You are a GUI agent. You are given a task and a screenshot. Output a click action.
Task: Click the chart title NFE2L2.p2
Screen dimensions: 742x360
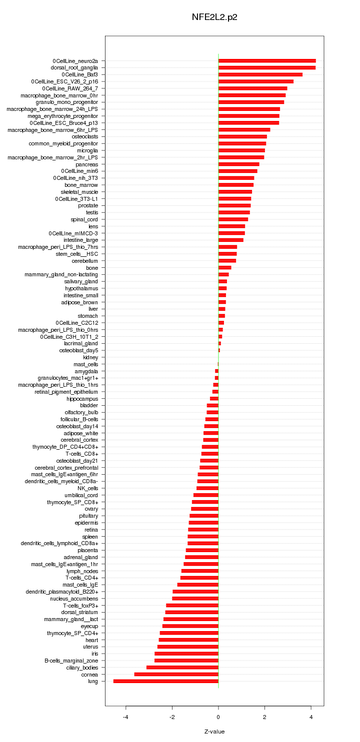click(x=214, y=17)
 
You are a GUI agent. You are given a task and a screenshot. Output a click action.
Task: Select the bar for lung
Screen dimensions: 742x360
click(x=166, y=681)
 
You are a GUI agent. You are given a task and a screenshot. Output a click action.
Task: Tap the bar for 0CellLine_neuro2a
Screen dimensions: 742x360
click(x=267, y=60)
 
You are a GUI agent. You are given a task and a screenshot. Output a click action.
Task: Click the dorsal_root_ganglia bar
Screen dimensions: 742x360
click(x=267, y=67)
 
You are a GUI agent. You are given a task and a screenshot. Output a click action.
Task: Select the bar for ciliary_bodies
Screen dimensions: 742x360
click(x=182, y=668)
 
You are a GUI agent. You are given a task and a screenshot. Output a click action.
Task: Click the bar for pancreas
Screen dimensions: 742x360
click(x=239, y=164)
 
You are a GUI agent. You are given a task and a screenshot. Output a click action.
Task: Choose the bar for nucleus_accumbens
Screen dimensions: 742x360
click(x=195, y=598)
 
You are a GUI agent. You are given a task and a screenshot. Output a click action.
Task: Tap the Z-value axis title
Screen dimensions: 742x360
click(x=214, y=732)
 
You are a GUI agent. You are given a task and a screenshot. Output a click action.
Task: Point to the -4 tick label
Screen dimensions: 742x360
click(x=125, y=717)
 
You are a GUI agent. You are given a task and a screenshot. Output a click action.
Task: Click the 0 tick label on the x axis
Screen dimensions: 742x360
click(x=218, y=717)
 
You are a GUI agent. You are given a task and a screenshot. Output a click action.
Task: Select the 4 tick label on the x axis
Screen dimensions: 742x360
click(x=311, y=717)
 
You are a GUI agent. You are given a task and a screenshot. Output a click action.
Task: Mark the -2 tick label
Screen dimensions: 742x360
click(x=172, y=717)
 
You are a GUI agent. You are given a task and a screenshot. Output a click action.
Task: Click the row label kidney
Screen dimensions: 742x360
click(x=90, y=357)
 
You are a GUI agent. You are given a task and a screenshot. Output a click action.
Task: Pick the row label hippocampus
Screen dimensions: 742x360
click(x=82, y=399)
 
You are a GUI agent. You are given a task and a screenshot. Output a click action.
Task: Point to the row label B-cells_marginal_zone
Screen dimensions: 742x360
click(x=71, y=661)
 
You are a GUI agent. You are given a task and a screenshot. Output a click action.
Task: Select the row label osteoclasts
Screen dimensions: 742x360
click(x=85, y=136)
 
